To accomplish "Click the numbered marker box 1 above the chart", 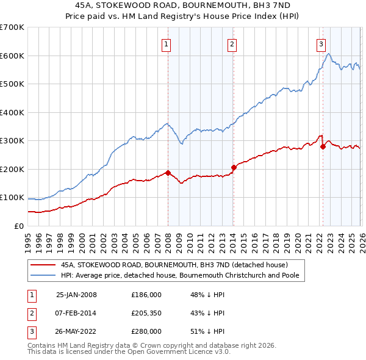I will [167, 43].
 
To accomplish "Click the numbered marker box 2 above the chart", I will [232, 43].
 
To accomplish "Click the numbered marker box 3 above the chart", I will [321, 43].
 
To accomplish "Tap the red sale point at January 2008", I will [168, 173].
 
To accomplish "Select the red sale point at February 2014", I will [234, 167].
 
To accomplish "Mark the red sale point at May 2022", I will [323, 146].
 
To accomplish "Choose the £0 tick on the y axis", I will [18, 226].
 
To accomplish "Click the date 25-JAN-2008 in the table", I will [76, 295].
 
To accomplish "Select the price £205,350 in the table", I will [146, 313].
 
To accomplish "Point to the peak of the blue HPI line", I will [328, 54].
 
